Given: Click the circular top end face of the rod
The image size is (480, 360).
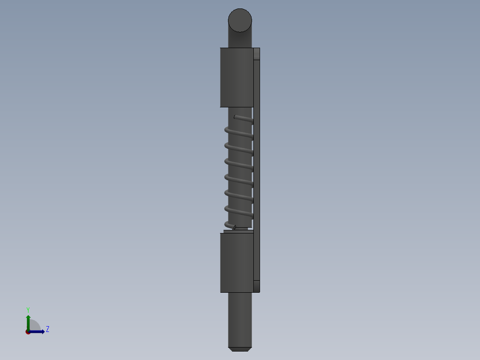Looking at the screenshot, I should [x=240, y=20].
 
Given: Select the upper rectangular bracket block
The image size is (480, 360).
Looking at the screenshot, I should [x=236, y=77].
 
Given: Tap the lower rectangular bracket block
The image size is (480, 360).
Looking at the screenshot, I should [x=236, y=262].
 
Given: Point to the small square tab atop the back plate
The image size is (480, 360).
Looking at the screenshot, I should [x=256, y=54].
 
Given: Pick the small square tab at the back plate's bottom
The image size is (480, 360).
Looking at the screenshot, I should [x=256, y=286].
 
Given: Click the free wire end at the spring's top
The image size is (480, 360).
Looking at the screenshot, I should [x=236, y=117].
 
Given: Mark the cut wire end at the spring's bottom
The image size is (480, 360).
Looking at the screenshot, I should [x=235, y=228].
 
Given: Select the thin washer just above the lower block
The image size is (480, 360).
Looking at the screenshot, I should [x=238, y=231].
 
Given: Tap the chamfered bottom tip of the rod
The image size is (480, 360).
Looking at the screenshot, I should [x=240, y=349].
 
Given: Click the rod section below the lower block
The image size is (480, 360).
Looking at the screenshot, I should [x=240, y=319].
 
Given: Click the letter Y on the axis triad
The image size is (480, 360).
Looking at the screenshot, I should [x=28, y=310].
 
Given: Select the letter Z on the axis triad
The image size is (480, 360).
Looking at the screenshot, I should [x=48, y=329].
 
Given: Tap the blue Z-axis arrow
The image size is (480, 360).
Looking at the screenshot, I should [x=38, y=331].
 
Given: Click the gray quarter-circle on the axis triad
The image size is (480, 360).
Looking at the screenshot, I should [x=35, y=326].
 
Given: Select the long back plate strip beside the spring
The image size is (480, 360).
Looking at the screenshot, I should [x=256, y=169].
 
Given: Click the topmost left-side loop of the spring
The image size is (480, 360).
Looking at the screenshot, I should [x=227, y=130].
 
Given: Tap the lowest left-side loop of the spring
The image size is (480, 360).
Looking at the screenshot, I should [x=228, y=224].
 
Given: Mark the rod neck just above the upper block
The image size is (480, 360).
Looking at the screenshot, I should [x=240, y=40].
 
